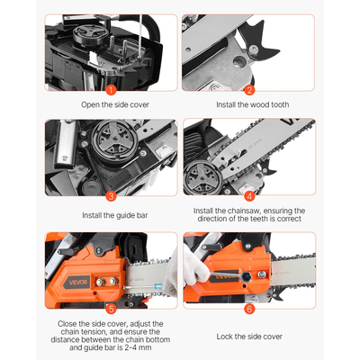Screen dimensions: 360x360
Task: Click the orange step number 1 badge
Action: click(110, 89)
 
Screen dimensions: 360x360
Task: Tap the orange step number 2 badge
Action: click(250, 89)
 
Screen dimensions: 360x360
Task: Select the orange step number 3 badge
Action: click(110, 194)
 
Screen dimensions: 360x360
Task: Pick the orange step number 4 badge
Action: click(250, 194)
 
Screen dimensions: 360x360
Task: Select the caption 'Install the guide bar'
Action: click(110, 214)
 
